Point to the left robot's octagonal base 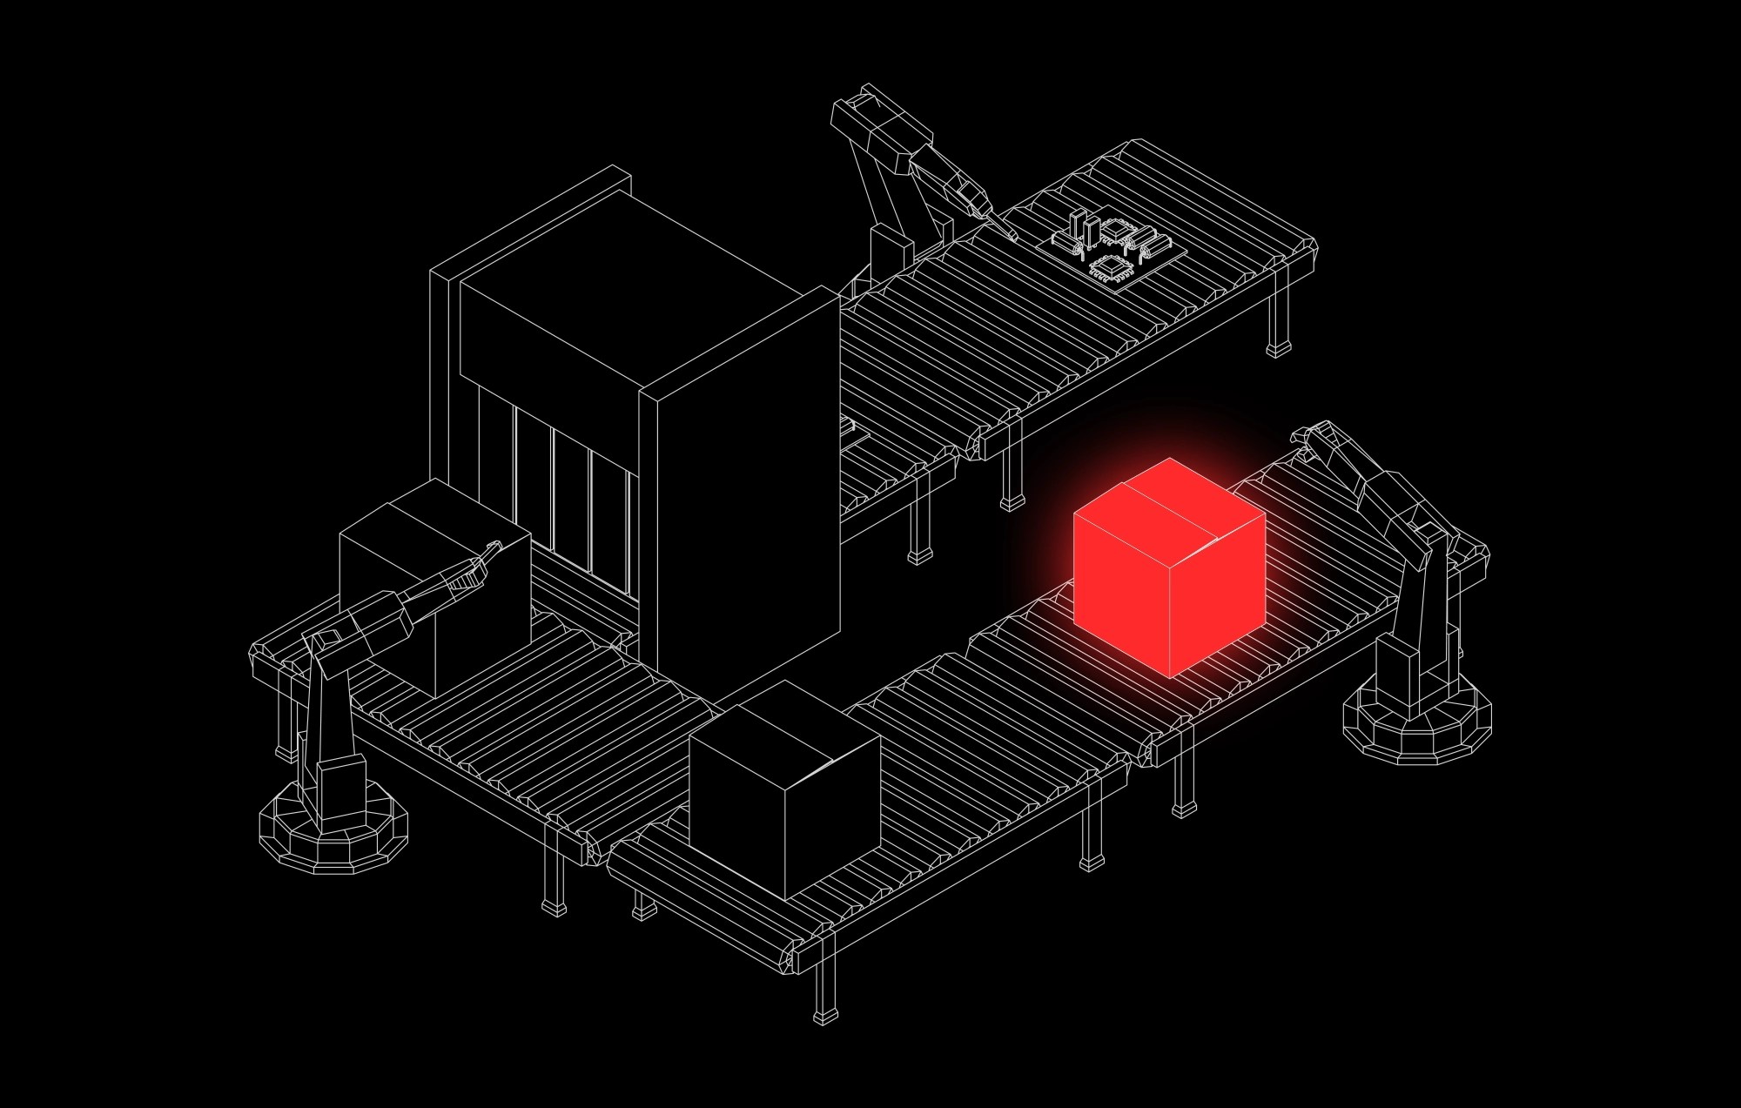pyautogui.click(x=333, y=831)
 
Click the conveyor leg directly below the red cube pyautogui.click(x=1182, y=783)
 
